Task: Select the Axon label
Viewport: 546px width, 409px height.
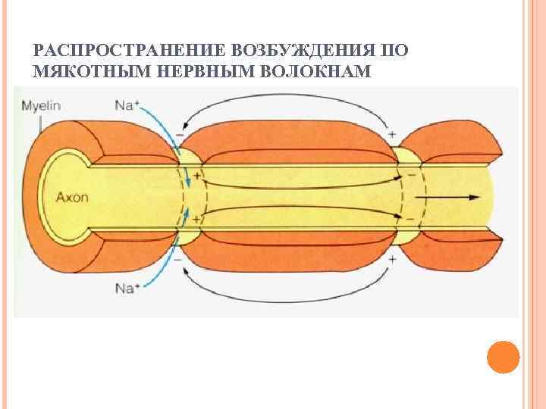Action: (72, 197)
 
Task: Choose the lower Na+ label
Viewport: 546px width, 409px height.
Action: (127, 287)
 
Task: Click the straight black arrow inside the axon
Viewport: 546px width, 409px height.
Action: (452, 197)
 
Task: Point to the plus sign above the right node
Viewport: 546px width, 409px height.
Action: (392, 135)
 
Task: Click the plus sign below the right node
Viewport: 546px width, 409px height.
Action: (392, 258)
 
